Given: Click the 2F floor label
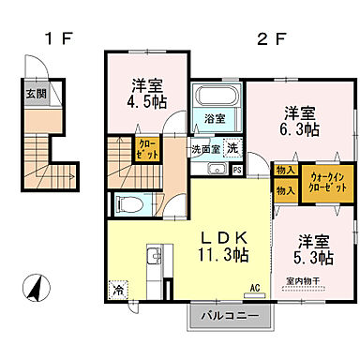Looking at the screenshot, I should click(x=271, y=39).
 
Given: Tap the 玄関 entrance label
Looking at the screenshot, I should click(x=34, y=93).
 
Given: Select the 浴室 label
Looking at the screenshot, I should click(x=215, y=118).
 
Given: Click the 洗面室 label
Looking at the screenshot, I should click(x=205, y=148).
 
